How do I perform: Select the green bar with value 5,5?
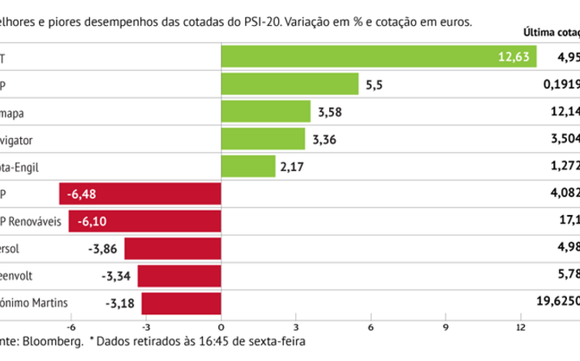(290, 84)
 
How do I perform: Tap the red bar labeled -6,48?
(140, 194)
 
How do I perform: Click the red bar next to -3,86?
(173, 249)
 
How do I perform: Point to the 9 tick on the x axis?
(445, 327)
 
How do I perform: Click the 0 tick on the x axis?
(221, 327)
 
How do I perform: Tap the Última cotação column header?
(552, 33)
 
